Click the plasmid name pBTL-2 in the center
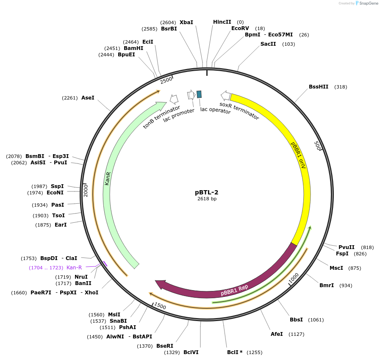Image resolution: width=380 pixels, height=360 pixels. coord(206,192)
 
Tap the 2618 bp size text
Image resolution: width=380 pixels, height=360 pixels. coord(206,199)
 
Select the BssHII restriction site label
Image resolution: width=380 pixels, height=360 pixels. coord(319,87)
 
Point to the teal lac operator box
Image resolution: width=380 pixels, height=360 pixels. coord(199,94)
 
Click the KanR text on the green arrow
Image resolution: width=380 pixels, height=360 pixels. coord(108,178)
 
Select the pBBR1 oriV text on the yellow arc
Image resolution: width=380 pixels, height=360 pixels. coord(298,155)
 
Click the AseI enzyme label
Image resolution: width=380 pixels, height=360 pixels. coord(88,98)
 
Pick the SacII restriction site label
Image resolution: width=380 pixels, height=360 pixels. coord(268,44)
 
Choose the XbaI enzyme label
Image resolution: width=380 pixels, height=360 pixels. coord(186,22)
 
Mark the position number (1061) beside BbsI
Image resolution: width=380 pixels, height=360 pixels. coord(316,320)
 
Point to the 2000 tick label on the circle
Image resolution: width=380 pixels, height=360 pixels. coord(86,190)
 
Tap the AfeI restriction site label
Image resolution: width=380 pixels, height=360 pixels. coord(277,334)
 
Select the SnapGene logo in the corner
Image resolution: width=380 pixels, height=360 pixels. coord(367,3)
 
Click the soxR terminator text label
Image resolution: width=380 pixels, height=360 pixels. coord(239,111)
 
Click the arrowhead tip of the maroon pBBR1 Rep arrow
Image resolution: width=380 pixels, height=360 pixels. coord(156,282)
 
